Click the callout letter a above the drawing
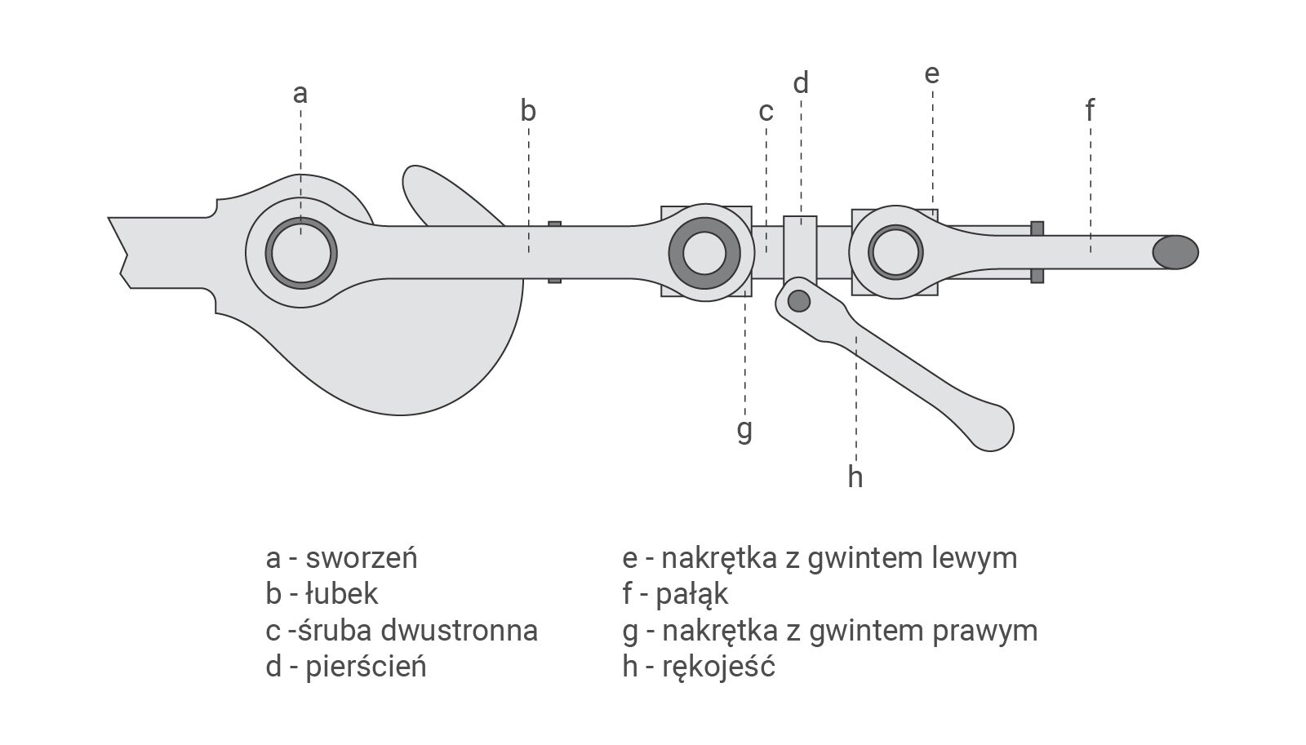(x=300, y=94)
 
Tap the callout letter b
(x=528, y=110)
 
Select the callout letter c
(x=766, y=110)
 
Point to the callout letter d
(x=801, y=82)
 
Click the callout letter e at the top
(x=931, y=74)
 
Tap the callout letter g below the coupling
(x=744, y=429)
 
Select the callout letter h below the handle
(x=855, y=476)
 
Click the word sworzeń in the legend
(x=361, y=558)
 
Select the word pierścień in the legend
(x=366, y=667)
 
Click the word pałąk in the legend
(x=692, y=594)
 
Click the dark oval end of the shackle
(x=1175, y=252)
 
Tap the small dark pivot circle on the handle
(x=799, y=300)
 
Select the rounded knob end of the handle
(x=993, y=427)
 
